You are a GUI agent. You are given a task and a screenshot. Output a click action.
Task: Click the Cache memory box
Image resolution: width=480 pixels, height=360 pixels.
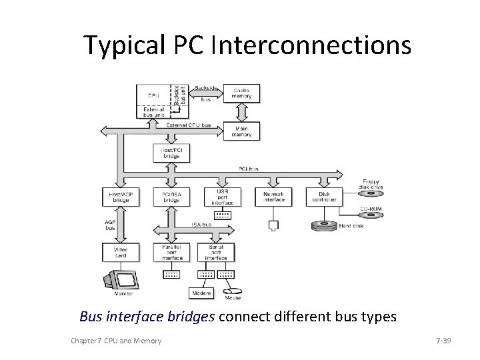(241, 93)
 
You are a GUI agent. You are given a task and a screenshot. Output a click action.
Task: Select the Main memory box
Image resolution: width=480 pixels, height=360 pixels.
(241, 131)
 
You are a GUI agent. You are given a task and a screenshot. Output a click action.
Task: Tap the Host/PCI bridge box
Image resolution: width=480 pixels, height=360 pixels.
(171, 153)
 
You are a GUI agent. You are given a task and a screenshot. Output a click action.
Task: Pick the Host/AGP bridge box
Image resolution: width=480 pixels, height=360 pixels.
(120, 197)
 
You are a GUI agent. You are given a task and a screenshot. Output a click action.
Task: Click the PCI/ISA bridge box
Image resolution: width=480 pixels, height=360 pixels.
(171, 197)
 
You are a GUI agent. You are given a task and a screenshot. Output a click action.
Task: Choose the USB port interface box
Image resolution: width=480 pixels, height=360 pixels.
(223, 195)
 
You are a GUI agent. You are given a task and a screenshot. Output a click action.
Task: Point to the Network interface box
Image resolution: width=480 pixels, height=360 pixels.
(273, 197)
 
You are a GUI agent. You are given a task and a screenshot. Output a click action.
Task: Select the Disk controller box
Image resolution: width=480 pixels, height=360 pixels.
(324, 197)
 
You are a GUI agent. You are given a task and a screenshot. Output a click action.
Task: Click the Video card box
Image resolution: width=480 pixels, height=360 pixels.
(120, 252)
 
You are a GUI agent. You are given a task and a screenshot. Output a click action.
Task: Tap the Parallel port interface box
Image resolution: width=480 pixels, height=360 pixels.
(171, 252)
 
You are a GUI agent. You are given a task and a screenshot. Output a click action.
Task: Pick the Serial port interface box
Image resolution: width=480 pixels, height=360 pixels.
(216, 252)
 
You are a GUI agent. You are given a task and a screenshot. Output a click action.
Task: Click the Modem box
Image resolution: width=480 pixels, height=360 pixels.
(201, 293)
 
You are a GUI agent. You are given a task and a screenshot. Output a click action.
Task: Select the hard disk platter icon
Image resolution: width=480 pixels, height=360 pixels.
(324, 225)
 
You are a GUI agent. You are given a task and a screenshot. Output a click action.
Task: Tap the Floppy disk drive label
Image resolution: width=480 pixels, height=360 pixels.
(371, 183)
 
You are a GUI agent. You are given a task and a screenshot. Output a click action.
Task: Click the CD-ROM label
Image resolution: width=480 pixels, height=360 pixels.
(372, 209)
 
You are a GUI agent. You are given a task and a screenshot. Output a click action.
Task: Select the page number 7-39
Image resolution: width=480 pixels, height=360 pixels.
(443, 341)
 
